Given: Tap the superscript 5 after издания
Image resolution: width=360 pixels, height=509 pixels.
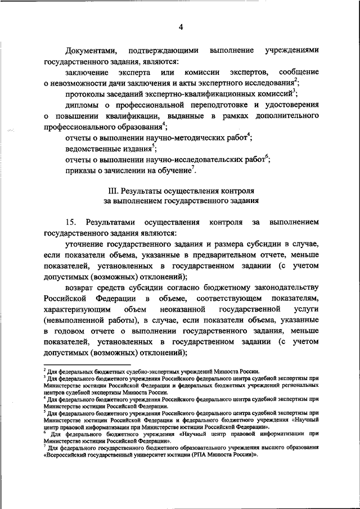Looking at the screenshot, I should coord(153,146).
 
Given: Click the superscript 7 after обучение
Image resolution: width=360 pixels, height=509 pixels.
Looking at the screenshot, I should coord(193,167).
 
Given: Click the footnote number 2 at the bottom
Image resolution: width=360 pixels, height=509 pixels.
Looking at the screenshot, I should coord(45,370).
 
